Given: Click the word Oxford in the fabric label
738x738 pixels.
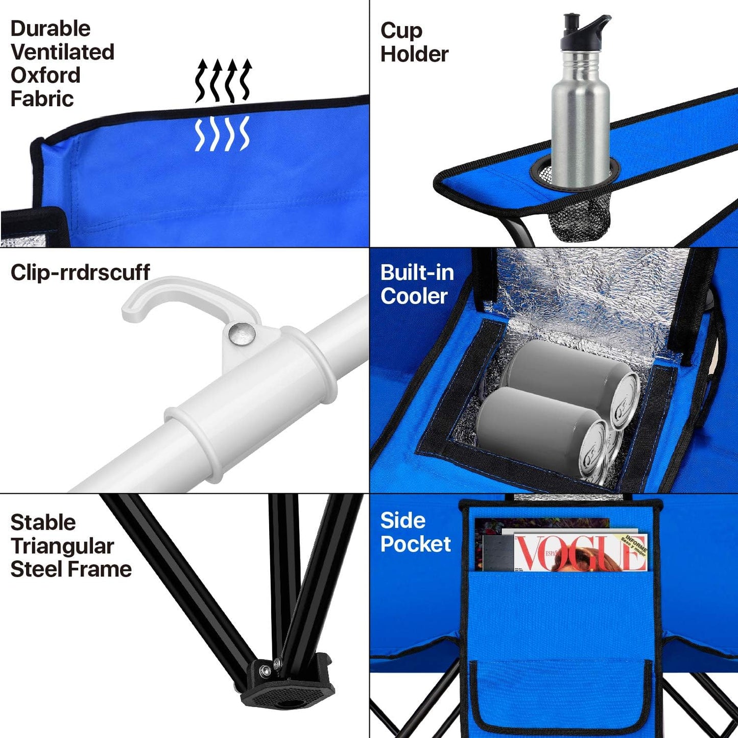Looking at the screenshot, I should point(45,76).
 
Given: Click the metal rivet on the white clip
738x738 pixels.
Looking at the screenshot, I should point(242,334).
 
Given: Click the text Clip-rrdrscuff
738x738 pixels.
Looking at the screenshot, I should point(80,272).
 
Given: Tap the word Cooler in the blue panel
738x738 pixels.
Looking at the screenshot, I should point(414,296).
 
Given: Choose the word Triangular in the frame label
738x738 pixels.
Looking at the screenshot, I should point(62,546).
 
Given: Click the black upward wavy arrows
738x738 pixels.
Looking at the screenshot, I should point(223,81).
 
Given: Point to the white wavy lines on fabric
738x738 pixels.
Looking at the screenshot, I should point(223,134).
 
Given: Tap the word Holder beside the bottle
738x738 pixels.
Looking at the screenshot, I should point(414,54).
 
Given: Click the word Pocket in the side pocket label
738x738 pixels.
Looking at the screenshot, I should point(415,544).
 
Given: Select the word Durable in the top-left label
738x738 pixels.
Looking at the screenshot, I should point(50,29).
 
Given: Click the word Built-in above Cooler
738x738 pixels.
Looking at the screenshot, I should point(417,273).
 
